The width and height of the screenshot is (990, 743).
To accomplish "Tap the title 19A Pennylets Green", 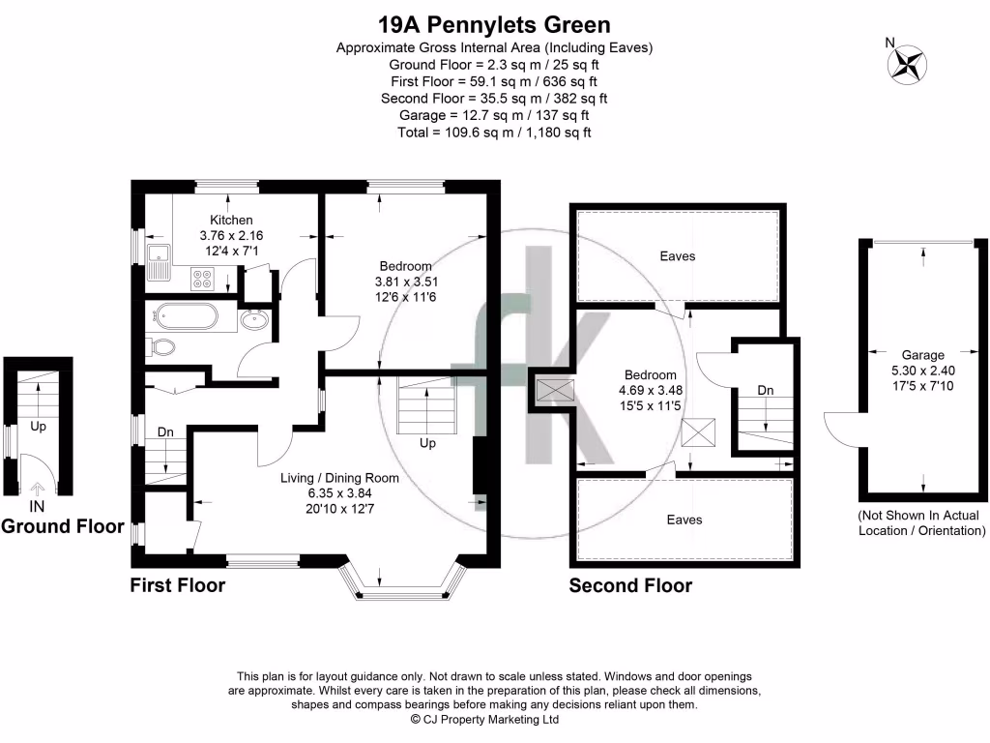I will [x=493, y=24].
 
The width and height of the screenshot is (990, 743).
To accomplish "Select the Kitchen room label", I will [x=231, y=220].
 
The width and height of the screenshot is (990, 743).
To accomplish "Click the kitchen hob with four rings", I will [x=204, y=279].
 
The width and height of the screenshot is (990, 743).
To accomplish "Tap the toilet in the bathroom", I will [x=160, y=345].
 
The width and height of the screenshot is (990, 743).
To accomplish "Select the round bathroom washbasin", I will [x=255, y=319].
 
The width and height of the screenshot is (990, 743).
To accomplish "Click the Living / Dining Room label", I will [x=339, y=478].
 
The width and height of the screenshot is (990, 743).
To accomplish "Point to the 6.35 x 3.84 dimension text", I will [x=339, y=493].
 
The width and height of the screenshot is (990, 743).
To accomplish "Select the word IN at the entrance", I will [x=37, y=506].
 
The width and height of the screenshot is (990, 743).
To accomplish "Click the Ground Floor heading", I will [x=63, y=526].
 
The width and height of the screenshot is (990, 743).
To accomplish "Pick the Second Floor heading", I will [x=630, y=585].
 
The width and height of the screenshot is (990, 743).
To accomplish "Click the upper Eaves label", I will [x=678, y=256].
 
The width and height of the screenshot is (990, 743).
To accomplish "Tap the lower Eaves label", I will [x=683, y=520].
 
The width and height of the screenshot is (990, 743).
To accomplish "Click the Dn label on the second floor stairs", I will [x=765, y=390].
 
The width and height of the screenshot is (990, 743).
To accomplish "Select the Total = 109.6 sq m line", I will [x=494, y=132].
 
